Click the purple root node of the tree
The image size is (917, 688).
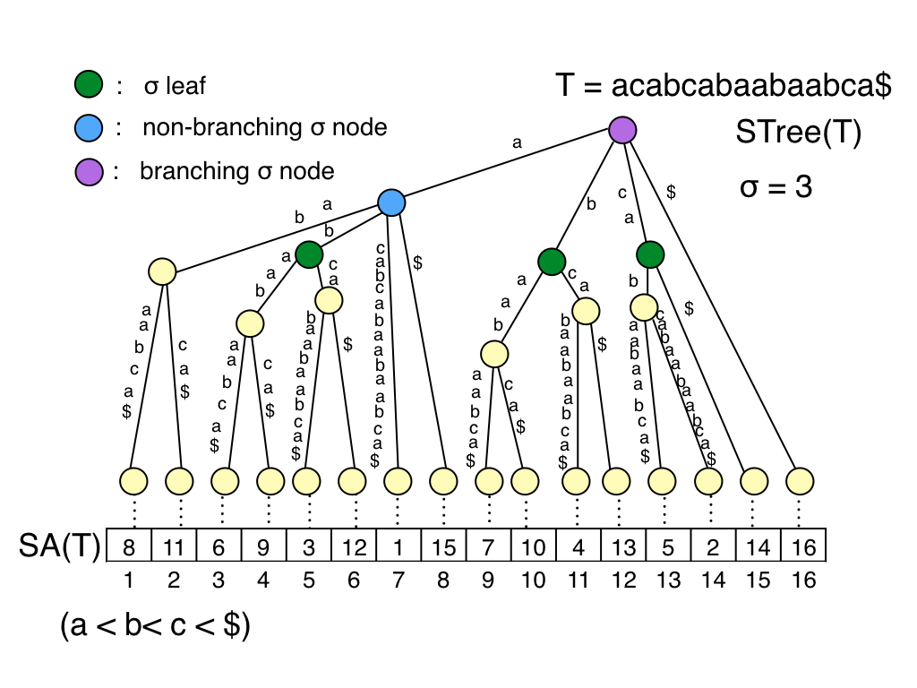tap(622, 130)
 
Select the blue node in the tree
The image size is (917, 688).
tap(391, 202)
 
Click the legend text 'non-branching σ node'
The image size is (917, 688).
tap(265, 127)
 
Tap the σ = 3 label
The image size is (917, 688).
tap(776, 188)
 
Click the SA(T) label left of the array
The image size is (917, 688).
tap(60, 545)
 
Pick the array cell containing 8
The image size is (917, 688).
tap(130, 546)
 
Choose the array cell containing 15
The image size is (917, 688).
tap(443, 546)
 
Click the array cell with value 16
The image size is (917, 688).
tap(803, 546)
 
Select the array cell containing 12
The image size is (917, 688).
tap(354, 546)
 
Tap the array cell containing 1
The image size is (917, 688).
tap(399, 546)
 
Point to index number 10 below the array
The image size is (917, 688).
tap(533, 580)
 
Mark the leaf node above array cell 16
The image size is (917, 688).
tap(800, 481)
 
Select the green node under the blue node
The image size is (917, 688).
tap(308, 254)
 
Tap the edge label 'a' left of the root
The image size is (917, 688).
tap(517, 142)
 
